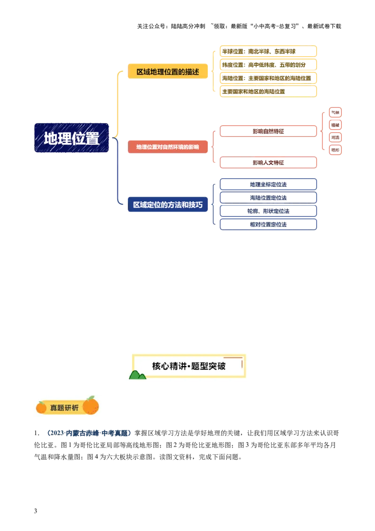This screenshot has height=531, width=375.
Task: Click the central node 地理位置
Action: [71, 138]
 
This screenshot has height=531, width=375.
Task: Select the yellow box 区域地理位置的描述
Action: [168, 72]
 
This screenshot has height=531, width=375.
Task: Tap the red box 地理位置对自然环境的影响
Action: [167, 147]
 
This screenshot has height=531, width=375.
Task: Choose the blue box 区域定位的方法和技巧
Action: [168, 205]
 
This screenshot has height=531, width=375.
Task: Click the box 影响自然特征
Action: [268, 131]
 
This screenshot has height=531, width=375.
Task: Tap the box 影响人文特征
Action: [268, 162]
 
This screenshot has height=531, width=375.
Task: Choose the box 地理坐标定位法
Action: [268, 184]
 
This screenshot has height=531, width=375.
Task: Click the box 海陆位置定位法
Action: [268, 198]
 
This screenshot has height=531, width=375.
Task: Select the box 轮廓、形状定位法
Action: [268, 211]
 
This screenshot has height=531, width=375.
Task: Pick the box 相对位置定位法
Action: [268, 225]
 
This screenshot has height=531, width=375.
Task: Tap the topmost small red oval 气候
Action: [335, 112]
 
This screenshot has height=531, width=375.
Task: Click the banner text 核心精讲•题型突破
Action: [189, 366]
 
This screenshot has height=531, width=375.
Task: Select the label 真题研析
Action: [64, 408]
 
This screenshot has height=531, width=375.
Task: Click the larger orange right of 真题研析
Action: [90, 405]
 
